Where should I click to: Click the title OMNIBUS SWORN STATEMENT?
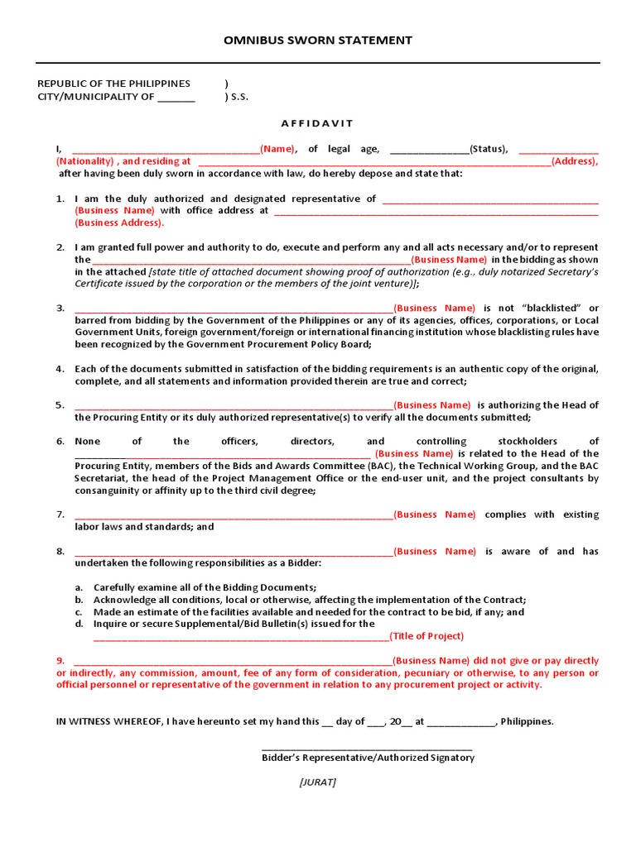(x=318, y=41)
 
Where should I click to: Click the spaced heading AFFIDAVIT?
(x=317, y=123)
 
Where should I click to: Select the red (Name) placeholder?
(x=278, y=149)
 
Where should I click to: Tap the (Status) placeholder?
(x=489, y=149)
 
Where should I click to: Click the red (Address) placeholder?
(x=575, y=161)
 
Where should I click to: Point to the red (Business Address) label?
(x=119, y=223)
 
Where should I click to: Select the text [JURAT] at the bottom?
(x=318, y=782)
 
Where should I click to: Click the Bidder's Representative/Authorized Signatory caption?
(x=368, y=758)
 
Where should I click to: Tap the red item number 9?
(x=60, y=661)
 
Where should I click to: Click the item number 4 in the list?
(x=60, y=369)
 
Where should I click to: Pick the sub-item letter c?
(x=78, y=612)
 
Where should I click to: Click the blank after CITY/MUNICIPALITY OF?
(x=176, y=97)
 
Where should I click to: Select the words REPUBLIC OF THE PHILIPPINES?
(x=114, y=84)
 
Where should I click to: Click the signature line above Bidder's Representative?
(x=367, y=746)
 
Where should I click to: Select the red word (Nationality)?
(x=85, y=161)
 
